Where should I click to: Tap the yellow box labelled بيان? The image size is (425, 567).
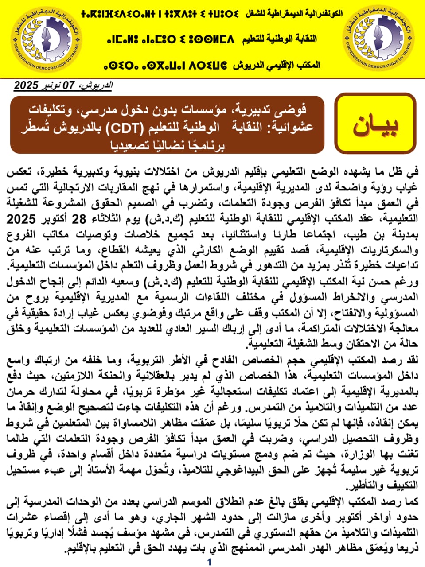tap(375, 124)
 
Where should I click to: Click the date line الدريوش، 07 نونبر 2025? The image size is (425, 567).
tap(63, 85)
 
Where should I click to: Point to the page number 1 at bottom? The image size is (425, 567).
tap(209, 562)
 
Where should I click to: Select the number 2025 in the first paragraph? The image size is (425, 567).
tap(21, 219)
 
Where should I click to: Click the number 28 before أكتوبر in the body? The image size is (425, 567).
tap(79, 219)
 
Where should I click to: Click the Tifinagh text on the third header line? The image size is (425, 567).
tap(165, 66)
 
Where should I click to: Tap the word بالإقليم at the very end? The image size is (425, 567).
tap(82, 549)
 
